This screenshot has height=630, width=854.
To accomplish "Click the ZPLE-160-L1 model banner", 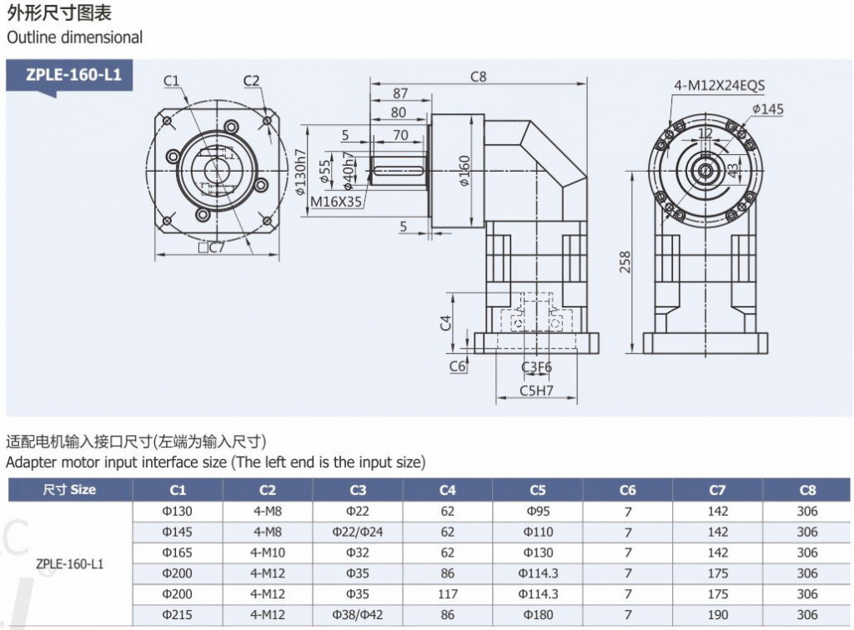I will [x=73, y=74].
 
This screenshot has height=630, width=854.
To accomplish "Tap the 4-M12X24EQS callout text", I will [x=720, y=85].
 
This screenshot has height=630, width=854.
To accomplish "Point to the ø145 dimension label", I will [x=767, y=109].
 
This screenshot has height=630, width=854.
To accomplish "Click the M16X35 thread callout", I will [x=336, y=202].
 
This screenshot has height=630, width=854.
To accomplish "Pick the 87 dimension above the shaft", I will [x=399, y=93].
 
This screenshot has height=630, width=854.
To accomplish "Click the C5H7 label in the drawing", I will [x=537, y=389].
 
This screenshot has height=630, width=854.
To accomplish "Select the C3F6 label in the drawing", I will [x=537, y=367].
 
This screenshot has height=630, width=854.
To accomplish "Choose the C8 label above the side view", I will [x=478, y=77].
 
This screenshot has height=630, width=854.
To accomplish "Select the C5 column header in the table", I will [x=538, y=490].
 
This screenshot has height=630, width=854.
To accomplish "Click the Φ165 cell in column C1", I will [x=178, y=552].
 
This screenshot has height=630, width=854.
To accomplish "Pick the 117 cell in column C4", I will [x=448, y=594].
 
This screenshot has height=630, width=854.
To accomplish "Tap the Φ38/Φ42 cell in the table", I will [x=358, y=615].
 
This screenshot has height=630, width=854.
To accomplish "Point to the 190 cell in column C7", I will [x=717, y=615].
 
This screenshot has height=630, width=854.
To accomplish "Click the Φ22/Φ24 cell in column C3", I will [x=358, y=532].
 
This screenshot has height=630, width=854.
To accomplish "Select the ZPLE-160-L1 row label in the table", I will [x=70, y=563].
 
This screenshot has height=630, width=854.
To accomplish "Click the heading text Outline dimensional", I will [x=74, y=37].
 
